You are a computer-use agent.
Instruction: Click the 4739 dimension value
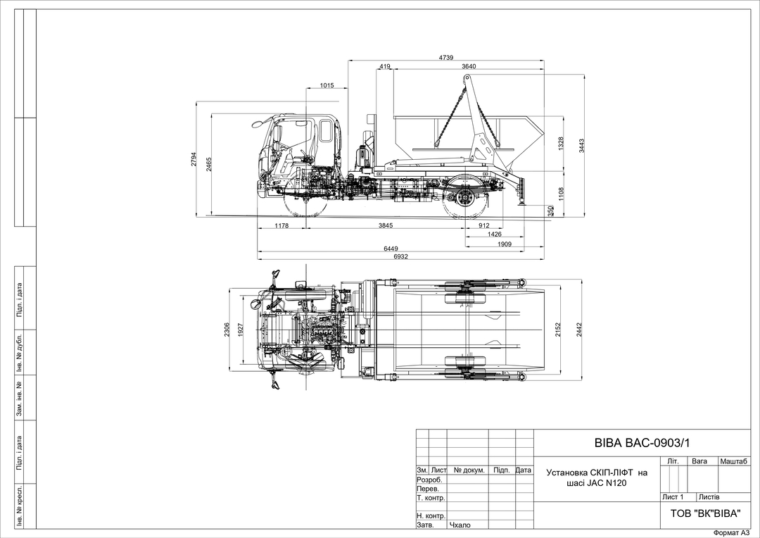pos(446,57)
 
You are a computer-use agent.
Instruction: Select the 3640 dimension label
pos(469,66)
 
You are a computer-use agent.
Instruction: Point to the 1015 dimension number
pos(327,85)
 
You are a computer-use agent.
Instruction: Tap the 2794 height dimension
pos(194,159)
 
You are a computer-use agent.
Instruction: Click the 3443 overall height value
pos(582,146)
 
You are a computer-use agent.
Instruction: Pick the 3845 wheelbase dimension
pos(386,225)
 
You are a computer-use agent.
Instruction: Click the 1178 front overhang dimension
pos(281,225)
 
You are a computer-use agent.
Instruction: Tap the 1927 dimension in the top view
pos(241,330)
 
